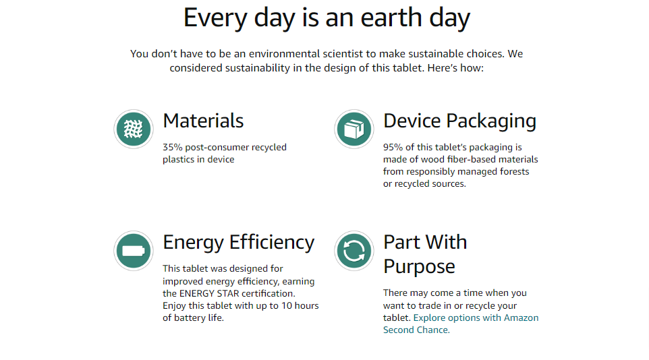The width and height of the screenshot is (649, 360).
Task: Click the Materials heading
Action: [x=203, y=121]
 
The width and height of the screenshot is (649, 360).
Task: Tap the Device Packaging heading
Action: [x=460, y=121]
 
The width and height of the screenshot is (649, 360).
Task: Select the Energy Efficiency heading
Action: [x=239, y=243]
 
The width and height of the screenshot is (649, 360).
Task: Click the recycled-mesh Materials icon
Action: [x=134, y=129]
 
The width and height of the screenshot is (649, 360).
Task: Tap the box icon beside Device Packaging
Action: [x=354, y=129]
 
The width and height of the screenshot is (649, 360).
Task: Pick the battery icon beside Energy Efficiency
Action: [x=134, y=251]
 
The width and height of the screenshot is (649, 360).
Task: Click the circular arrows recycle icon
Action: [x=354, y=251]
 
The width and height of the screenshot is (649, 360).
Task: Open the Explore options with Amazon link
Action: [x=476, y=318]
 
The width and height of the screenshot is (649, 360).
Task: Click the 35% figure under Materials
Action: [x=173, y=148]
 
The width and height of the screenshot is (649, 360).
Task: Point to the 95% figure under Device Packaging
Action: [x=393, y=148]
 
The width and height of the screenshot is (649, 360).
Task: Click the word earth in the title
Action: [x=391, y=18]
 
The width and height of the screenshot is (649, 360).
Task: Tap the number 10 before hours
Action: [x=287, y=306]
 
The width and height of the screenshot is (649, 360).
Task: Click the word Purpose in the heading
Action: [x=419, y=268]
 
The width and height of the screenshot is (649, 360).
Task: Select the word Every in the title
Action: [x=216, y=19]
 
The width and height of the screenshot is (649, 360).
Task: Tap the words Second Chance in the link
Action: [x=416, y=330]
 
